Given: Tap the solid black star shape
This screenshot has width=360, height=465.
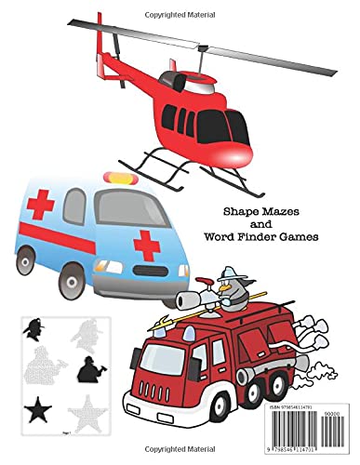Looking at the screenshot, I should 38,408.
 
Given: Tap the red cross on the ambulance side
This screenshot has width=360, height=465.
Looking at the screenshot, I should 143,243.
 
